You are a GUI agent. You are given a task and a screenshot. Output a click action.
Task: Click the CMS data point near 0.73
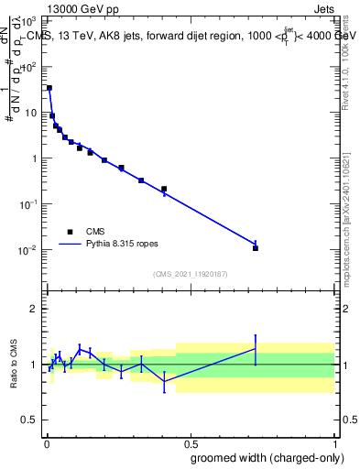(x=256, y=248)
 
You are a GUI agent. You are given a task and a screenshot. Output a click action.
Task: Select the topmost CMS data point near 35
(x=49, y=88)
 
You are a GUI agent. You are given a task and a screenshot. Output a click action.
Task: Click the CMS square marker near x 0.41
(x=164, y=189)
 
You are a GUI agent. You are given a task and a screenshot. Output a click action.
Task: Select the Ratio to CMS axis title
(x=14, y=365)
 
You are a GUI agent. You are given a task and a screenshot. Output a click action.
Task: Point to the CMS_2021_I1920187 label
(x=190, y=274)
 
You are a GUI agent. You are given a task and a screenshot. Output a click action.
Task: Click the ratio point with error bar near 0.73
(x=256, y=348)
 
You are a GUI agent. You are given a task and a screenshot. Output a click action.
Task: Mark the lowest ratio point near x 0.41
(x=164, y=381)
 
